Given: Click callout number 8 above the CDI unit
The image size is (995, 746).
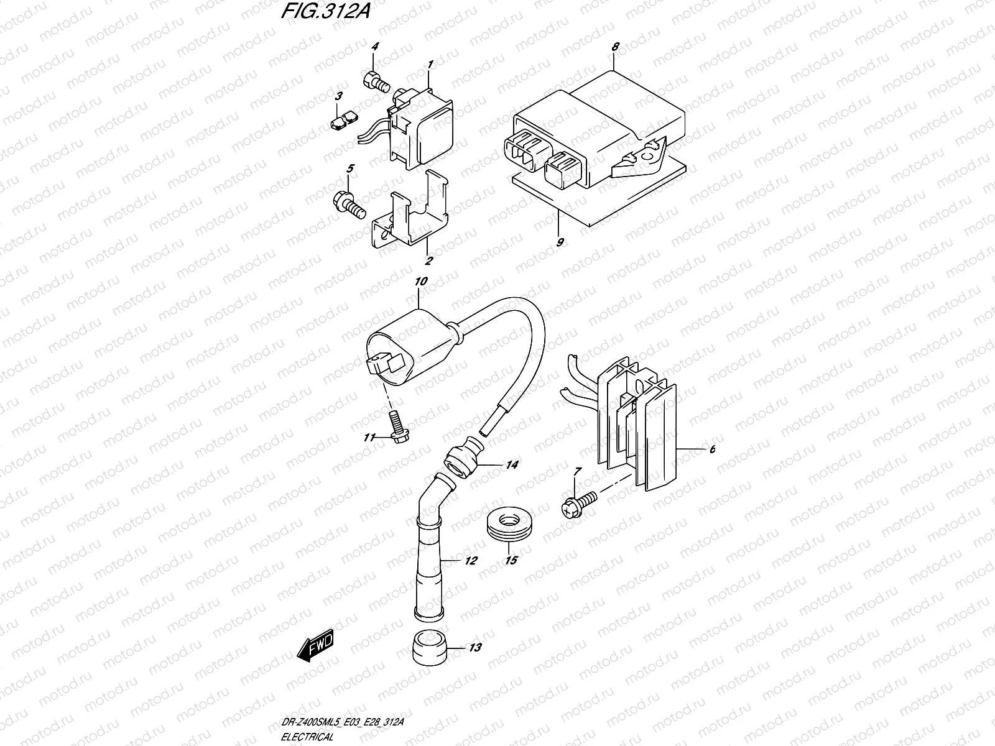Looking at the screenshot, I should (x=615, y=46).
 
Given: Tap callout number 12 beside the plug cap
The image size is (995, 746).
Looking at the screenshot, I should (x=470, y=561).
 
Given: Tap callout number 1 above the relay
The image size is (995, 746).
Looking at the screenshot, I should (x=430, y=64).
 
